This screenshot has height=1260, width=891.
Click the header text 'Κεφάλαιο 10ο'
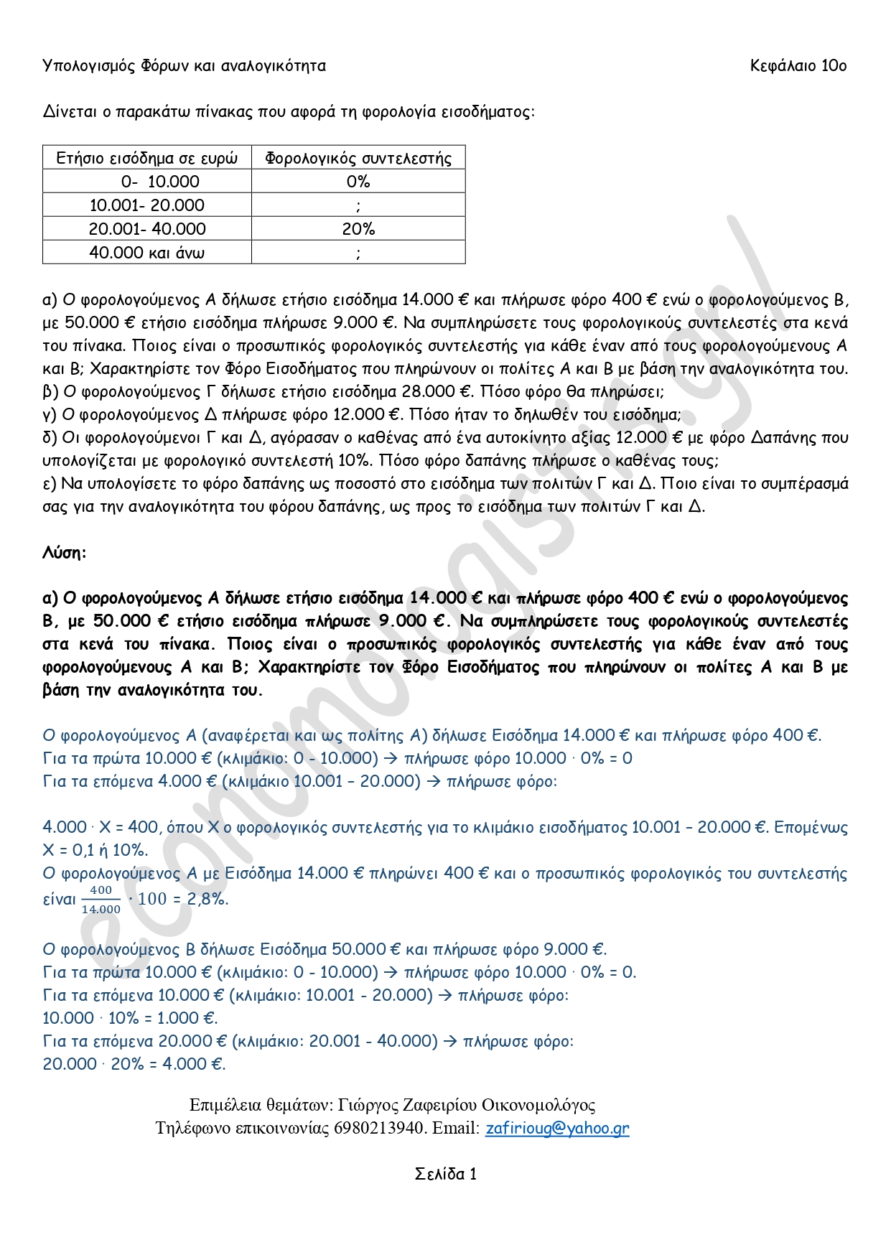coord(798,66)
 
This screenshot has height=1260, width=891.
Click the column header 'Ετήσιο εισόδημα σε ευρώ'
coord(146,158)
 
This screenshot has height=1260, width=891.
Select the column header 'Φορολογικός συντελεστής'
coord(358,158)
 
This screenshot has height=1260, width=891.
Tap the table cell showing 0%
coord(358,182)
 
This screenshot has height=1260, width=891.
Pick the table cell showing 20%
coord(358,229)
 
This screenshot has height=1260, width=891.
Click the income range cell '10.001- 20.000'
coord(146,205)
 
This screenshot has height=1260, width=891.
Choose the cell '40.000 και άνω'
coord(146,253)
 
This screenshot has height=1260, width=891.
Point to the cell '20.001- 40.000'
coord(146,229)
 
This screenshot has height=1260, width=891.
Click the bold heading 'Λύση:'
coord(65,553)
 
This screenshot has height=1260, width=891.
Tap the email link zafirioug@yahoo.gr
coord(557,1128)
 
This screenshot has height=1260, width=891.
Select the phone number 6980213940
coord(379,1128)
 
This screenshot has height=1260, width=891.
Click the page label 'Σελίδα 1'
coord(446,1174)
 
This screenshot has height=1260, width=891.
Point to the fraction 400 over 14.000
coord(101,900)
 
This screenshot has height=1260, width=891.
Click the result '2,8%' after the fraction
coord(208,899)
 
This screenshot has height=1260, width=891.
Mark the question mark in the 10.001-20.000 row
coord(358,206)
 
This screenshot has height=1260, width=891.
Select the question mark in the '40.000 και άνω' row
coord(358,253)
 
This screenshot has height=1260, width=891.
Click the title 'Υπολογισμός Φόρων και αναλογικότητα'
coord(185,66)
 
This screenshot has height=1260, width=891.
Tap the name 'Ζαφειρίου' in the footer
coord(431,1105)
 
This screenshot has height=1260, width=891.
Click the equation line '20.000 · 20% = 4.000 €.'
coord(134,1064)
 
